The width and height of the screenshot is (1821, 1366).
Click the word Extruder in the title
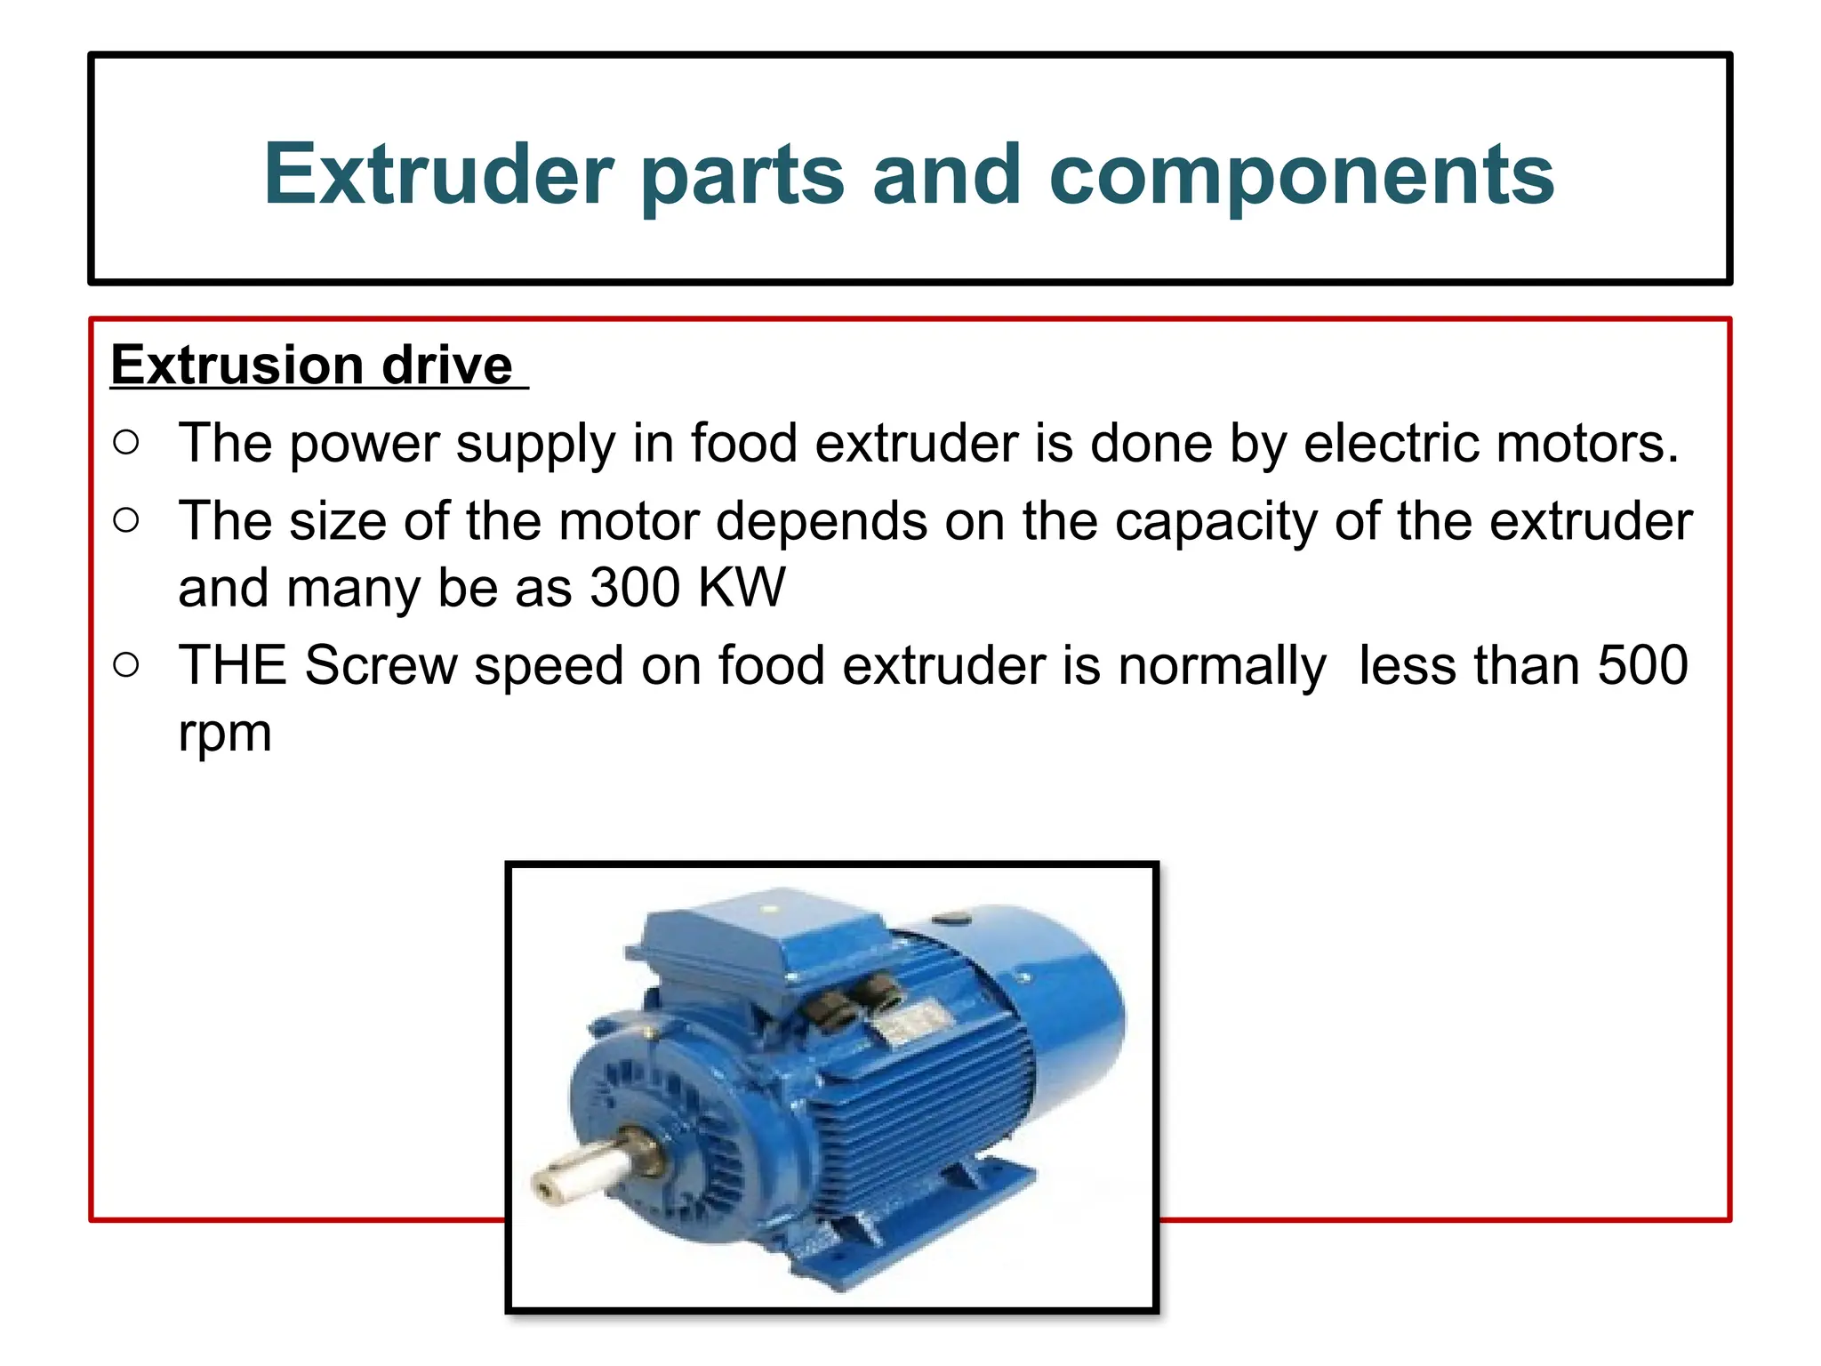click(438, 174)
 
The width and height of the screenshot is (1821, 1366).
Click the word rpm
click(224, 735)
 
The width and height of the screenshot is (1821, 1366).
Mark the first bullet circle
click(126, 442)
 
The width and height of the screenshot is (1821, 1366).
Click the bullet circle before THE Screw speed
click(126, 664)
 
